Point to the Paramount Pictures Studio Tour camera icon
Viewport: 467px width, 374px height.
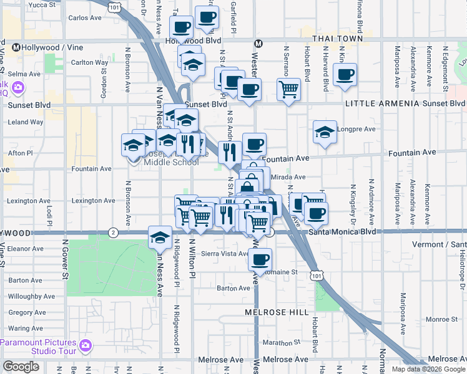[x=86, y=344]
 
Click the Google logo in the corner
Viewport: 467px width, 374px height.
[x=21, y=367]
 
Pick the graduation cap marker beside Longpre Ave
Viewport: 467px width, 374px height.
[x=325, y=132]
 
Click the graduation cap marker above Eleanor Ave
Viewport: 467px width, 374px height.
[x=160, y=237]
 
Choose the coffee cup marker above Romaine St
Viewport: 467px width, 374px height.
[x=260, y=259]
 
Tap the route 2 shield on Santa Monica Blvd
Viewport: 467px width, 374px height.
[x=113, y=233]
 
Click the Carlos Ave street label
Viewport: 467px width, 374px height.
[x=85, y=18]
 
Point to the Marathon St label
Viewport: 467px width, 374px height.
[x=277, y=342]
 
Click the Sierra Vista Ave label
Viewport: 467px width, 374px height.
[x=227, y=254]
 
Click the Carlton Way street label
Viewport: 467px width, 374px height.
[x=90, y=62]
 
